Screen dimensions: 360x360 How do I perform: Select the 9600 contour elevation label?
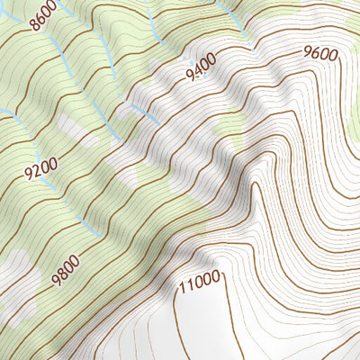(320, 53)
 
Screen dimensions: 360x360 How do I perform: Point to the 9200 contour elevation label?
(40, 167)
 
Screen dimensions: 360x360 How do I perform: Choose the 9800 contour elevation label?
(67, 268)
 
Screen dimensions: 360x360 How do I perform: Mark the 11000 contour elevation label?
(199, 283)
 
